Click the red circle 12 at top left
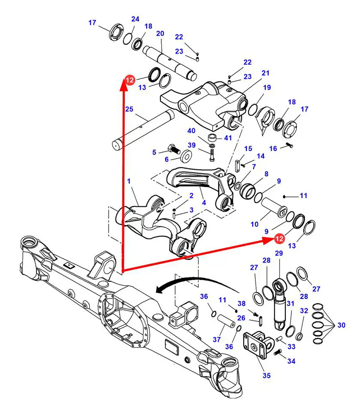[x=130, y=80]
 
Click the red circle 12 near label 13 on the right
[x=279, y=238]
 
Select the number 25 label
[x=129, y=109]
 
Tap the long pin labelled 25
[x=143, y=129]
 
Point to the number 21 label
[x=266, y=73]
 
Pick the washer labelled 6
[x=186, y=156]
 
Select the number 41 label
[x=228, y=138]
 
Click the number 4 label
[x=204, y=203]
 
